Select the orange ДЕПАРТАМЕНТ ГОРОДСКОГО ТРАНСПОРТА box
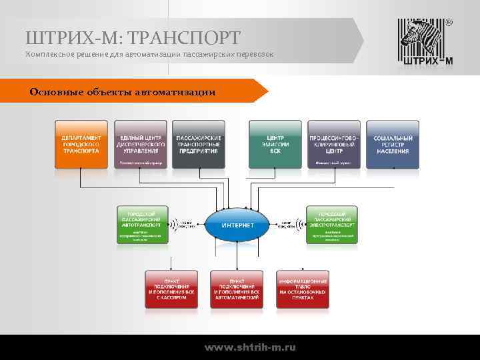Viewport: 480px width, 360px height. click(x=81, y=144)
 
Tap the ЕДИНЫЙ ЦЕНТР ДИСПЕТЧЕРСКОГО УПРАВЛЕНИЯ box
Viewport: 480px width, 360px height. click(x=140, y=144)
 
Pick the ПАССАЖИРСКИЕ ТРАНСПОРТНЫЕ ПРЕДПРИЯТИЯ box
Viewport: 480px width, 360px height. click(x=198, y=144)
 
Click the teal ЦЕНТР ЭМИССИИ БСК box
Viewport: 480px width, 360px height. click(x=275, y=144)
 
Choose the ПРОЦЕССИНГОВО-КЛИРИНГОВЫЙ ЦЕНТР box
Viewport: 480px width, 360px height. click(x=334, y=144)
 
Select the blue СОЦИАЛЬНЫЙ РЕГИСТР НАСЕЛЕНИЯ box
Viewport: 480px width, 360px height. click(x=392, y=144)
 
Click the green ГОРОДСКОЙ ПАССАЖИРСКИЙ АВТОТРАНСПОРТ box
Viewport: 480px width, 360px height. click(x=143, y=225)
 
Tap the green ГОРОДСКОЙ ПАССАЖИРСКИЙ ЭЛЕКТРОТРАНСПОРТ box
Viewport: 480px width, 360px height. click(x=332, y=225)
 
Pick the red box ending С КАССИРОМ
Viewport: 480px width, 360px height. click(x=172, y=288)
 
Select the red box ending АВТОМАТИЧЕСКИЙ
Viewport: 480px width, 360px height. click(x=237, y=288)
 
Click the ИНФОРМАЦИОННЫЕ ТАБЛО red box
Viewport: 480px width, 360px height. click(x=302, y=288)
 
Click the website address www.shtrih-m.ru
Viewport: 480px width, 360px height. click(x=250, y=347)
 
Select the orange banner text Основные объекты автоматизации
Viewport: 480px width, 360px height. click(x=123, y=91)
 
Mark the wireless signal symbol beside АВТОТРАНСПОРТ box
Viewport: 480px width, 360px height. click(x=175, y=225)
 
